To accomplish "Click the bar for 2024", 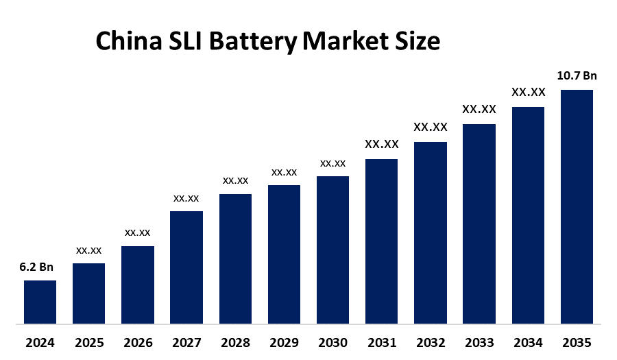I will click(40, 302).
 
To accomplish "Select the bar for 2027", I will click(186, 267).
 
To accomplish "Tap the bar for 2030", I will click(332, 250).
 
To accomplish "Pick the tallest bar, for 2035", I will click(577, 206).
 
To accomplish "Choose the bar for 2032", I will click(431, 232).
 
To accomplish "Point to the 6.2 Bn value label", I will click(36, 267).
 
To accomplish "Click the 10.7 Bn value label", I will click(577, 76).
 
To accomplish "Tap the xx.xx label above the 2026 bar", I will click(137, 232).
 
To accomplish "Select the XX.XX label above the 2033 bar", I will click(479, 109).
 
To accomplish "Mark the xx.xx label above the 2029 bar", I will click(284, 172).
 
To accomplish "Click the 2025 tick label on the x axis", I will click(88, 342).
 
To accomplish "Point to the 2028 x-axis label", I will click(235, 342).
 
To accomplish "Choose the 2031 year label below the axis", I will click(381, 342).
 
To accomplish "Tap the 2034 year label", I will click(528, 342).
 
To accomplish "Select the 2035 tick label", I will click(577, 342).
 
